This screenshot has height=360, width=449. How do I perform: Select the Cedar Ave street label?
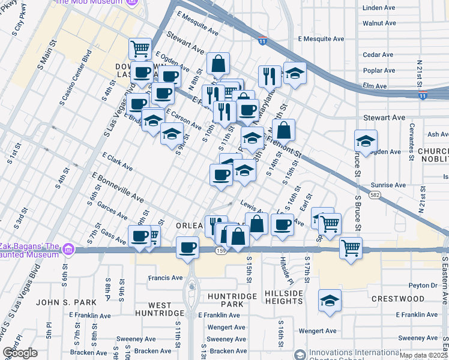click(379, 55)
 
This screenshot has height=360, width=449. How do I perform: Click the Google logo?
click(20, 353)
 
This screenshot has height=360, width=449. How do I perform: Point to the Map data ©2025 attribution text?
click(423, 355)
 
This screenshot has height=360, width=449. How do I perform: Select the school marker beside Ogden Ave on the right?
click(366, 141)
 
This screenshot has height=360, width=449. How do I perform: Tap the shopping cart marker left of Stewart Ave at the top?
click(140, 47)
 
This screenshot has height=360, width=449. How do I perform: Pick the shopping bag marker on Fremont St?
click(284, 129)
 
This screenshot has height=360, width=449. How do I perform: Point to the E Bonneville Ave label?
click(118, 188)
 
